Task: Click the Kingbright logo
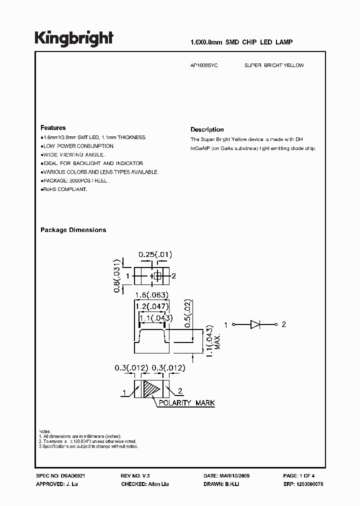pyautogui.click(x=73, y=38)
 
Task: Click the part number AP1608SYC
pyautogui.click(x=204, y=65)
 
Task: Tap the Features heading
pyautogui.click(x=53, y=127)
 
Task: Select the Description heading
pyautogui.click(x=207, y=129)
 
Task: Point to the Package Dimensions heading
pyautogui.click(x=73, y=230)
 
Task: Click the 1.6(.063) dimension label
pyautogui.click(x=150, y=294)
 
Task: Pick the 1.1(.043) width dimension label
pyautogui.click(x=155, y=318)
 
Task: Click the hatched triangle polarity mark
pyautogui.click(x=151, y=389)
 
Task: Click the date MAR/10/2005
pyautogui.click(x=234, y=476)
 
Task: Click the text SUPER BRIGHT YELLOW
pyautogui.click(x=274, y=65)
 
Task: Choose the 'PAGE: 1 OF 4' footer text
pyautogui.click(x=298, y=476)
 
